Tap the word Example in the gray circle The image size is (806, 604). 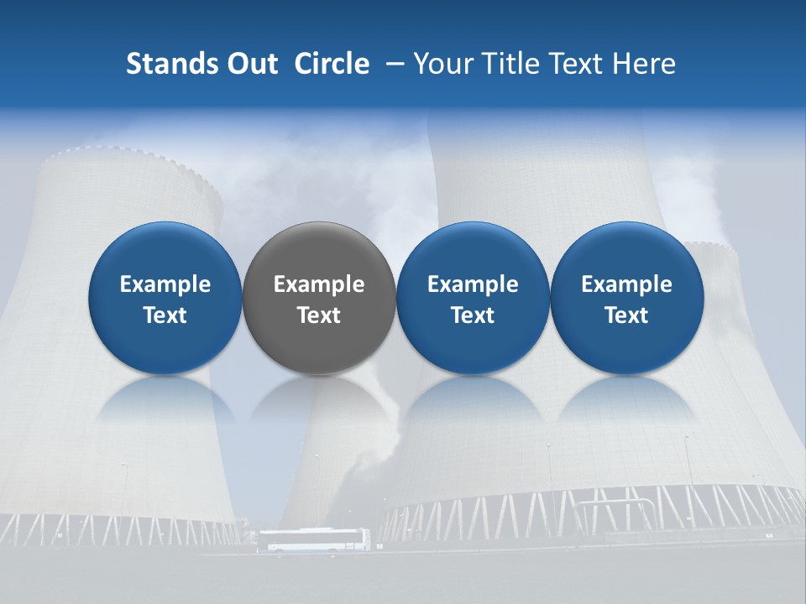319,284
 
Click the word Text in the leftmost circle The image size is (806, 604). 165,315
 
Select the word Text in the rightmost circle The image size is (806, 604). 626,315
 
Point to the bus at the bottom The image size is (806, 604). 313,539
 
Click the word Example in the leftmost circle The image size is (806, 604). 165,284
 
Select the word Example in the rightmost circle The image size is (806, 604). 626,284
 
